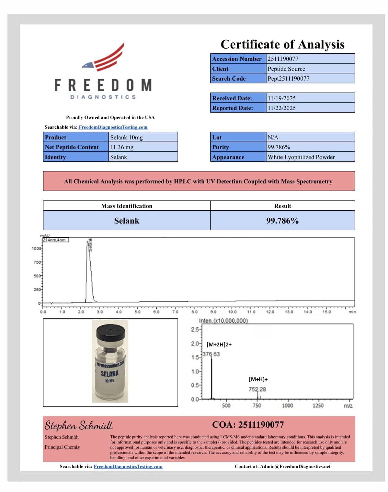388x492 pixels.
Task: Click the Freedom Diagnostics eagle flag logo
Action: tap(103, 58)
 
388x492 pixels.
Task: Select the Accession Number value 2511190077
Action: tap(283, 59)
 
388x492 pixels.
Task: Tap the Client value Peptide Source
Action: tap(286, 69)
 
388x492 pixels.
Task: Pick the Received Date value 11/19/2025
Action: tap(281, 98)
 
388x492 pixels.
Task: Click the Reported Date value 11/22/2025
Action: tap(281, 108)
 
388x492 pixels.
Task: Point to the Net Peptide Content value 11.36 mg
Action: tap(122, 147)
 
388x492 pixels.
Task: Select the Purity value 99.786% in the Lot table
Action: tap(279, 147)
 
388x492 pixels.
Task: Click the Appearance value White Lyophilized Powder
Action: tap(301, 157)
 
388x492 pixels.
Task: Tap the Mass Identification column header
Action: tap(127, 206)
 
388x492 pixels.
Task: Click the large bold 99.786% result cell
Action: tap(282, 221)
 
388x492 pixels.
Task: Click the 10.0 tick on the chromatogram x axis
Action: tap(232, 312)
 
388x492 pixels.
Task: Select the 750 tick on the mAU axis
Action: tap(37, 262)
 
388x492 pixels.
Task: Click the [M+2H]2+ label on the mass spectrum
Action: tap(219, 344)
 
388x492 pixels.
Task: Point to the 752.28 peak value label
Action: tap(257, 389)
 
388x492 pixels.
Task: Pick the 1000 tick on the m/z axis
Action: tap(287, 405)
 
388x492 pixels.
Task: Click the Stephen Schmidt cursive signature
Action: tap(79, 425)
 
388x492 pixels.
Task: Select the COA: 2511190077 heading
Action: tap(248, 424)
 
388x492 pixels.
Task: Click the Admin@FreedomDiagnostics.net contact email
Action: tap(295, 466)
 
